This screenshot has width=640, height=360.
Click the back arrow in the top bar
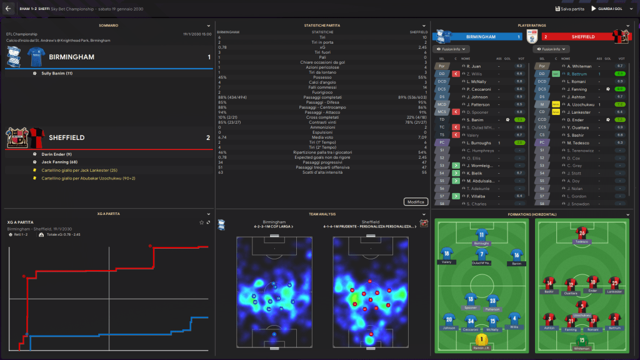[8, 9]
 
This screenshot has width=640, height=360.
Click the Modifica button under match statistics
[416, 202]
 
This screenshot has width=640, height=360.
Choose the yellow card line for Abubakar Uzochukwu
[82, 178]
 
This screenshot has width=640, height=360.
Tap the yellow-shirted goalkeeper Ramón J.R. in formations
[481, 339]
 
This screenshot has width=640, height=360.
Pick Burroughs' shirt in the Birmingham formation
[481, 235]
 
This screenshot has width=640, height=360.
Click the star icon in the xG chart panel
[201, 222]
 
